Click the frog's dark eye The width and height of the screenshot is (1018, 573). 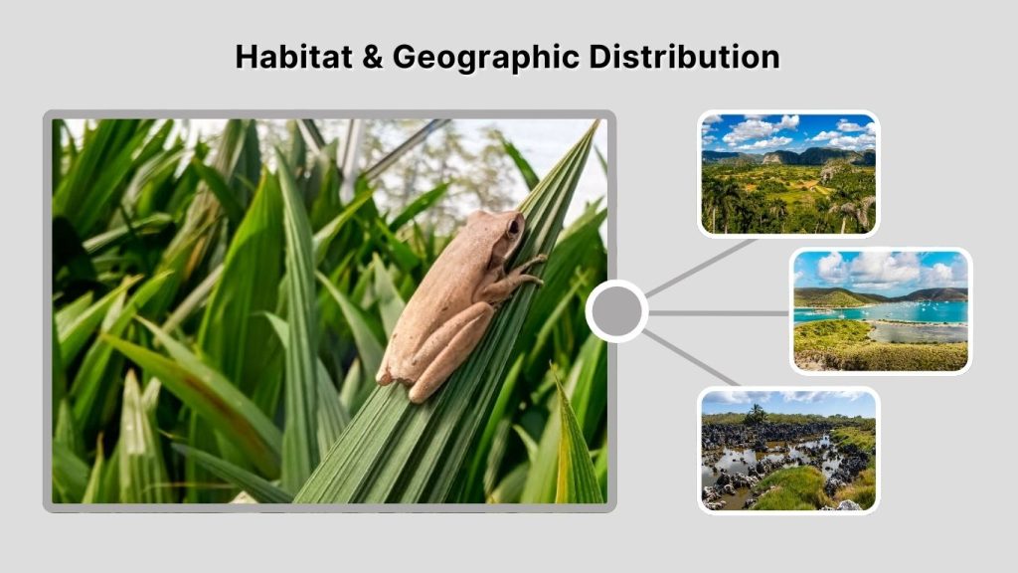514,226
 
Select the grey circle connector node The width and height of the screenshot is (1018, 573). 616,311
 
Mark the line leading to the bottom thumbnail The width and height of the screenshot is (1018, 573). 692,357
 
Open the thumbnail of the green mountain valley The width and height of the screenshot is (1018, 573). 788,174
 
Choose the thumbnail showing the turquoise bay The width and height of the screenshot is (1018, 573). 880,310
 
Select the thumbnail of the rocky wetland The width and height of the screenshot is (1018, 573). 788,450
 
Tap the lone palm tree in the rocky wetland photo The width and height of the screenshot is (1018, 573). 757,412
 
